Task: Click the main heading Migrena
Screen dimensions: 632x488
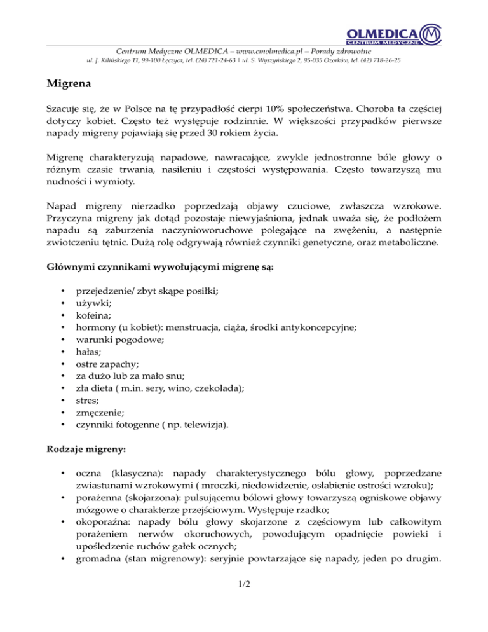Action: pyautogui.click(x=71, y=83)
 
